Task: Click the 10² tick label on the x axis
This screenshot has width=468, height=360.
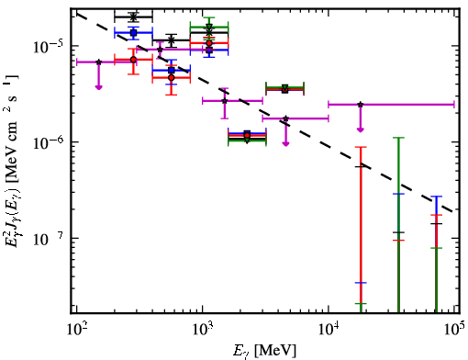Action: (76, 328)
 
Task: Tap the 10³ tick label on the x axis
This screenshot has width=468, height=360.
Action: (203, 328)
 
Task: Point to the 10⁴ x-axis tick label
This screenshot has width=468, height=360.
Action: (329, 328)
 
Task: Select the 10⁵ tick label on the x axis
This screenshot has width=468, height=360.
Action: (454, 328)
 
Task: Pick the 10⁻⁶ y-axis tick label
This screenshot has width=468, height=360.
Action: (49, 141)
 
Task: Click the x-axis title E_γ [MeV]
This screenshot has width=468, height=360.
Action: (265, 351)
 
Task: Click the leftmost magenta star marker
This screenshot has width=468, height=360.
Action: (98, 62)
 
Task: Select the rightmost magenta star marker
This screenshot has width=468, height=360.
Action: (361, 105)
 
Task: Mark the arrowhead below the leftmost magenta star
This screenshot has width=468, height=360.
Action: (98, 87)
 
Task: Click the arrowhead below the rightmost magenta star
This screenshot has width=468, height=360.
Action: (361, 130)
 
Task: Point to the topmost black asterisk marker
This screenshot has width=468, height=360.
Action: (133, 17)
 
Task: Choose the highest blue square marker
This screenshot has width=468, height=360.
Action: (133, 32)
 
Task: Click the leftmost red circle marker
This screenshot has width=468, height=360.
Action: (133, 60)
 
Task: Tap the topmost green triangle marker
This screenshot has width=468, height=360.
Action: (209, 27)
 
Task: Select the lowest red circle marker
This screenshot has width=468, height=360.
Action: (247, 135)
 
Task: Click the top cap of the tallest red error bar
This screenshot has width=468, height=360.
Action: (361, 147)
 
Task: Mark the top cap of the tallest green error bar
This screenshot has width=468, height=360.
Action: (398, 138)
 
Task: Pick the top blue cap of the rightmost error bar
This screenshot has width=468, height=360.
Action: (436, 197)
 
